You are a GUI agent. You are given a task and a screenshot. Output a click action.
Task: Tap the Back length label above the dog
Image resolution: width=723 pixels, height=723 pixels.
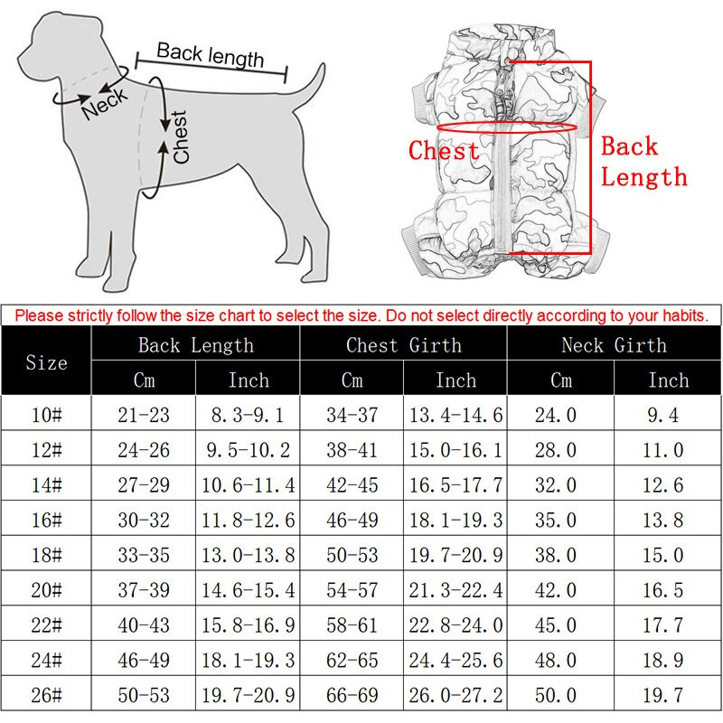coord(210,55)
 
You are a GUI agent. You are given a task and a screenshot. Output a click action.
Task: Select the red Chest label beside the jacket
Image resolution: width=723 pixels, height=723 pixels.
coord(444,150)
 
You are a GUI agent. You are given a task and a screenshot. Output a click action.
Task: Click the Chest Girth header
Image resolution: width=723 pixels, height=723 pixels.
coord(403,344)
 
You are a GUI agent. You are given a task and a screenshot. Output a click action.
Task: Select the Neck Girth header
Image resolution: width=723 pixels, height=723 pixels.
coord(614,344)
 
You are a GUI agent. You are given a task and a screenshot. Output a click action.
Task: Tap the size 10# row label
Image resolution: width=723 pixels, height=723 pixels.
coord(47,415)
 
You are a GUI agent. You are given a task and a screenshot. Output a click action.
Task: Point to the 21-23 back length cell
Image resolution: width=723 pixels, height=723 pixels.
coord(144,415)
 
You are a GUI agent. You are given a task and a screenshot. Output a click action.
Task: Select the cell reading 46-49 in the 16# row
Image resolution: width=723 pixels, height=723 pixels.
coord(352,521)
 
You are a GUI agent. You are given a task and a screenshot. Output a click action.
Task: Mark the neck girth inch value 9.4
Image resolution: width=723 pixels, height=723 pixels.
coord(668,415)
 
